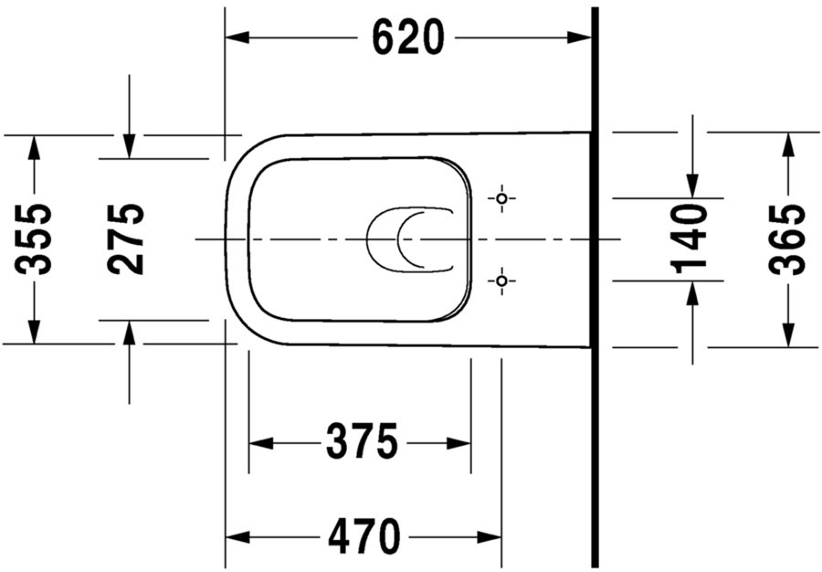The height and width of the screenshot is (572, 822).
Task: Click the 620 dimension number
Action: pyautogui.click(x=408, y=37)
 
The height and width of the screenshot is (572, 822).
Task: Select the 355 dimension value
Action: pyautogui.click(x=34, y=239)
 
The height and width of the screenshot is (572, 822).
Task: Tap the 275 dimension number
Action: pyautogui.click(x=125, y=239)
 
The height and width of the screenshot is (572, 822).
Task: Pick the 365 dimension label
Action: pyautogui.click(x=787, y=239)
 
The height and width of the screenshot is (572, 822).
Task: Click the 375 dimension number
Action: pyautogui.click(x=363, y=441)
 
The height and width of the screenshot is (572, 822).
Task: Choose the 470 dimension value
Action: pyautogui.click(x=364, y=536)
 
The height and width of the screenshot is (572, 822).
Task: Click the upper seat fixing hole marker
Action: pyautogui.click(x=501, y=198)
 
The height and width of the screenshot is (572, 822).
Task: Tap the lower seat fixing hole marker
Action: pyautogui.click(x=501, y=281)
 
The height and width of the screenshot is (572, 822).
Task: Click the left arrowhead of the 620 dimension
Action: pyautogui.click(x=237, y=37)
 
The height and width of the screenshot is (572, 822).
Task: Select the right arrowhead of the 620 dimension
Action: pyautogui.click(x=579, y=37)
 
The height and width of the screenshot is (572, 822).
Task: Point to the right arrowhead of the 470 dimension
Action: pyautogui.click(x=490, y=537)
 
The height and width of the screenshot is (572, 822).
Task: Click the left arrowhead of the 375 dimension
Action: pyautogui.click(x=261, y=443)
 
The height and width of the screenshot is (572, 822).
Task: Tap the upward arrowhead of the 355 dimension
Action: pyautogui.click(x=34, y=147)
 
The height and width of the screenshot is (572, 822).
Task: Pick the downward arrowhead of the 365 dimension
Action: pyautogui.click(x=788, y=335)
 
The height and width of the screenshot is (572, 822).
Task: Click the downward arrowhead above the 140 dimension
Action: pyautogui.click(x=692, y=186)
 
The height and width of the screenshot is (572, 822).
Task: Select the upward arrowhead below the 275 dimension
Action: pyautogui.click(x=129, y=333)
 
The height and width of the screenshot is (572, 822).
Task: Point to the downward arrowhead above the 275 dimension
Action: pyautogui.click(x=129, y=146)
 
